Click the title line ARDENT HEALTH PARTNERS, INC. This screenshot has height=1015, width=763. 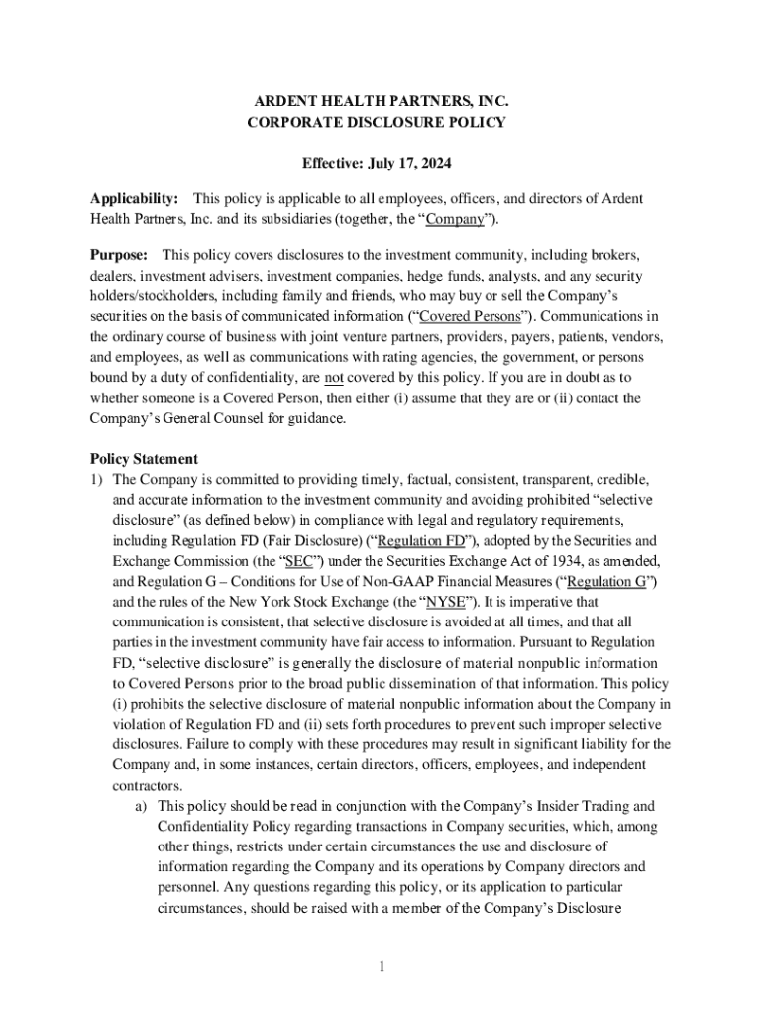coord(381,102)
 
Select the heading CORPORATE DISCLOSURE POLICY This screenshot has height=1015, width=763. coord(381,123)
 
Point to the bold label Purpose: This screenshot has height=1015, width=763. coord(120,256)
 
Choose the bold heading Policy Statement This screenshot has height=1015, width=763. coord(144,459)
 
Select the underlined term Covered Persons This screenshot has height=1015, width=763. coord(470,317)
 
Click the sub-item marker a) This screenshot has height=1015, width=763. coord(142,806)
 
